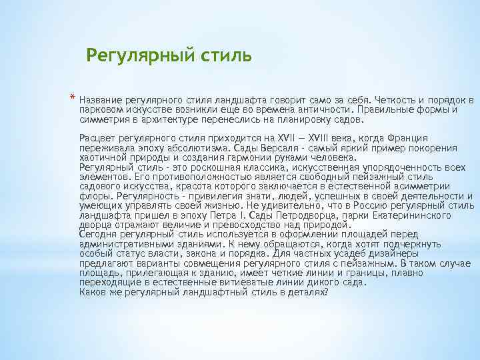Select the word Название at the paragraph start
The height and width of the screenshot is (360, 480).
click(x=100, y=99)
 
